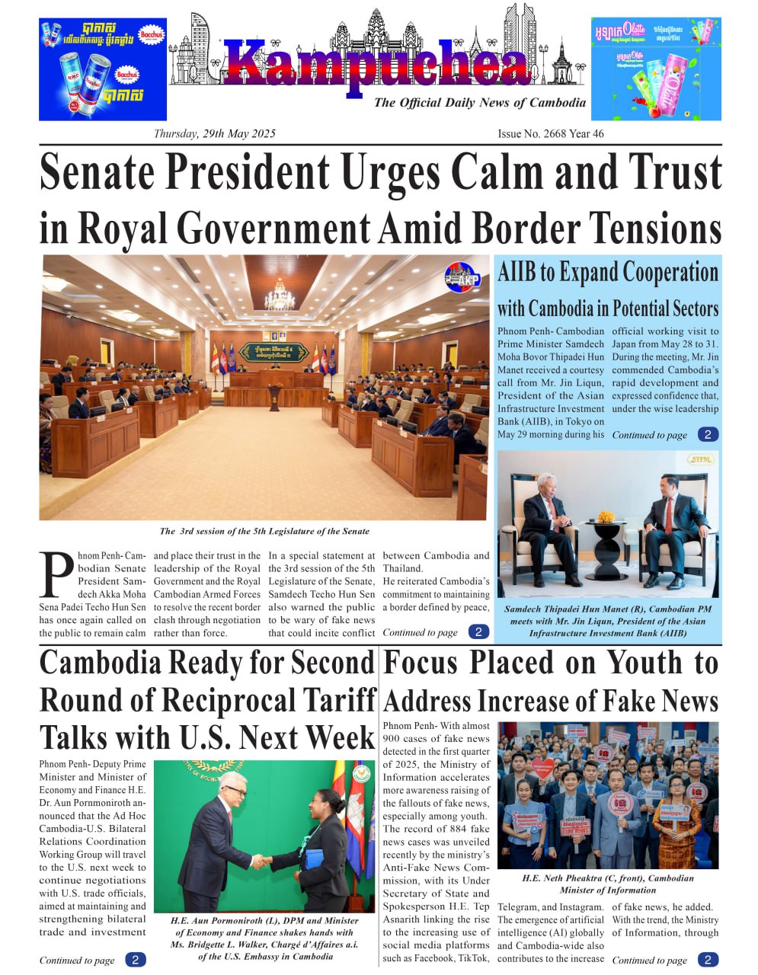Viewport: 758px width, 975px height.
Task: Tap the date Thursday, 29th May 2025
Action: (x=214, y=134)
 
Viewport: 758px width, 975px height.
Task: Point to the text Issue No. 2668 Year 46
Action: (x=550, y=134)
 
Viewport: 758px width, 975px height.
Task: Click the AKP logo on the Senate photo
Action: (x=462, y=277)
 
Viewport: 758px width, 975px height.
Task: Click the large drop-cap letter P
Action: (x=56, y=575)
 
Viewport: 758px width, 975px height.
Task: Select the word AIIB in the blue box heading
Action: (x=519, y=273)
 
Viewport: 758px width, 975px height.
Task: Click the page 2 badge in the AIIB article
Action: (x=708, y=435)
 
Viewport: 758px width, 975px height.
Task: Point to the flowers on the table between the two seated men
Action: (x=606, y=517)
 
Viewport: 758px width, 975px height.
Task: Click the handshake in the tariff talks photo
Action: (x=261, y=862)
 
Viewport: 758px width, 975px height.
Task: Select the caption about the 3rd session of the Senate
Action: (x=264, y=532)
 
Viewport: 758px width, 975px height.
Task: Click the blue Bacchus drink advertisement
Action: (x=103, y=69)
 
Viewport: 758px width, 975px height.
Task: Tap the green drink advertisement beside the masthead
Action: (x=656, y=69)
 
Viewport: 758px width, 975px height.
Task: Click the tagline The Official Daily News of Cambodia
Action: (x=479, y=103)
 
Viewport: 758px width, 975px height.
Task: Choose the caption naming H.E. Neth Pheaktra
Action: (x=607, y=884)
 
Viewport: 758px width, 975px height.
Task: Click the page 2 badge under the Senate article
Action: (x=478, y=632)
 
